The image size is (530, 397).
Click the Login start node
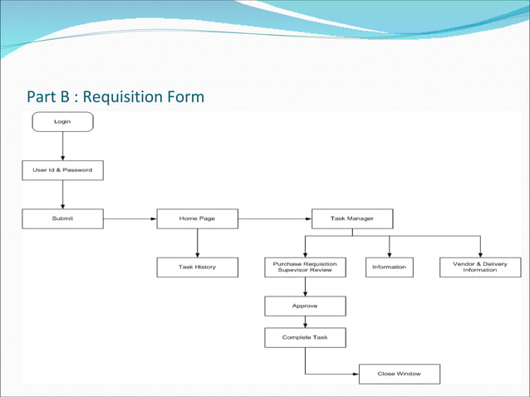tap(62, 122)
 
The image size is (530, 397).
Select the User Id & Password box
tap(62, 170)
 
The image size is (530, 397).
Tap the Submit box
tap(62, 218)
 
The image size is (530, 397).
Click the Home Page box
tap(197, 218)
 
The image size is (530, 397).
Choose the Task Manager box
tap(352, 218)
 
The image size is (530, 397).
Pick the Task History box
tap(197, 267)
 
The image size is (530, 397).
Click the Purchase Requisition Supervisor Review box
tap(305, 267)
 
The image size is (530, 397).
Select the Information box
tap(389, 267)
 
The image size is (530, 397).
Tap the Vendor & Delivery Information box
tap(480, 267)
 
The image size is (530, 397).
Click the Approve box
tap(305, 306)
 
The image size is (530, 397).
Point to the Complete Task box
tap(305, 337)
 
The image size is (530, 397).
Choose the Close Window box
tap(399, 374)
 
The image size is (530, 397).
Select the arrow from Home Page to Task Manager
tap(274, 218)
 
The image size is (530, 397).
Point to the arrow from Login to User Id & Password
tap(62, 146)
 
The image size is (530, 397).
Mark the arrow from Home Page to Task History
tap(197, 243)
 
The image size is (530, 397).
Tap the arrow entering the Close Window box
tap(332, 374)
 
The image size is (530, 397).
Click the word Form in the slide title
tap(184, 98)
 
